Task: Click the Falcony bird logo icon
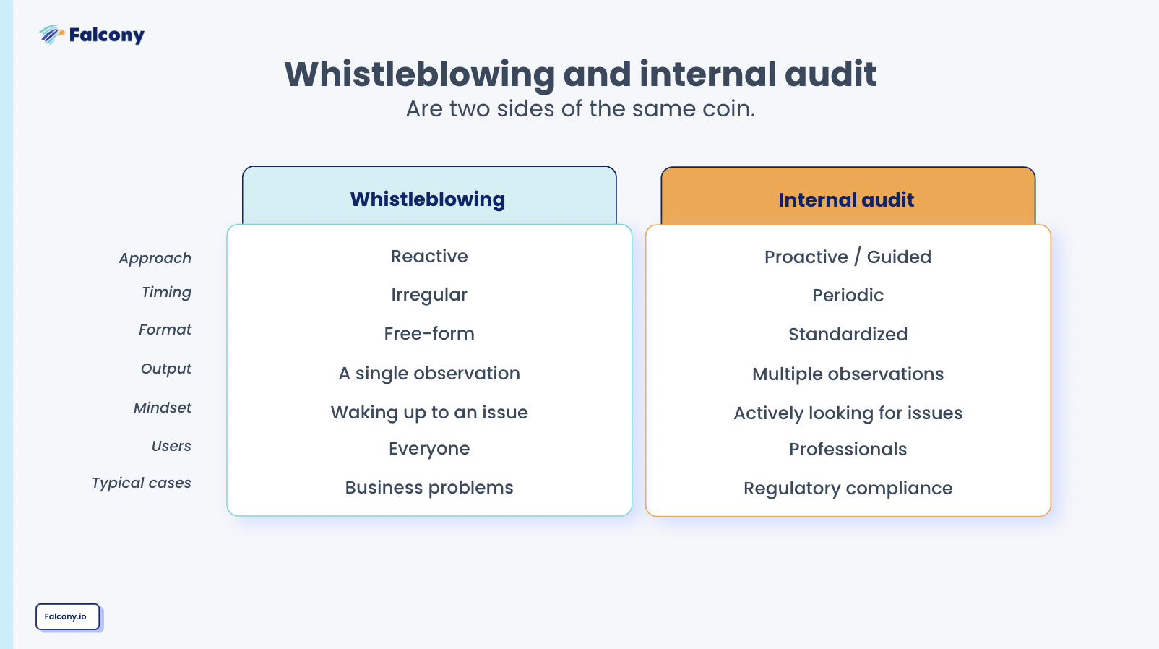(51, 34)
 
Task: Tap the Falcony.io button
(67, 616)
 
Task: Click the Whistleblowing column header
(428, 199)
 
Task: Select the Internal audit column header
(847, 199)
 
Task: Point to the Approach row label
(155, 258)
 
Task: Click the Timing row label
(166, 292)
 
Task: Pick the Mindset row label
(163, 408)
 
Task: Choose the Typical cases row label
(142, 483)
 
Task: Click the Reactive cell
(429, 257)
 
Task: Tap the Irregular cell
(429, 295)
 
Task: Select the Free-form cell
(429, 334)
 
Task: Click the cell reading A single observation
(429, 374)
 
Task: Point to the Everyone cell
(429, 449)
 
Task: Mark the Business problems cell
(429, 488)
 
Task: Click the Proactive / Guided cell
(848, 257)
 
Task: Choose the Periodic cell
(848, 296)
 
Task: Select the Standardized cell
(848, 335)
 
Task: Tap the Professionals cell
(848, 450)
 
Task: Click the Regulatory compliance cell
(848, 489)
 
